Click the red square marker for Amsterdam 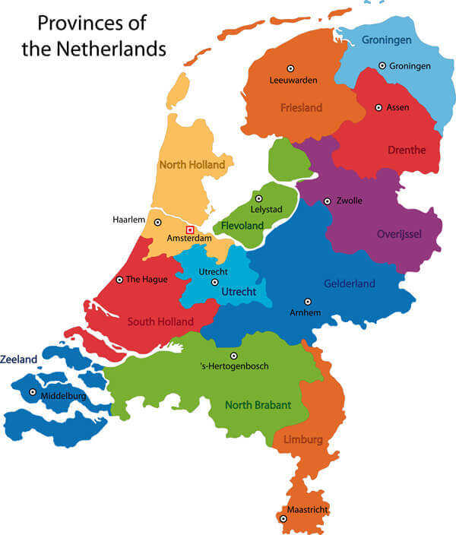coord(190,230)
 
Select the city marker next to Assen coord(378,108)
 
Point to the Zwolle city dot coord(327,201)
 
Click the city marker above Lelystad coord(258,199)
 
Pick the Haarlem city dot coord(157,223)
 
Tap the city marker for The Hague coord(119,280)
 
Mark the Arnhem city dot coord(307,302)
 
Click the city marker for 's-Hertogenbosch coord(233,356)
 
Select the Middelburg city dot coord(32,393)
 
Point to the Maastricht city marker coord(283,519)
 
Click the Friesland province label coord(302,107)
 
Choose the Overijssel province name coord(399,233)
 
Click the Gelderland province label coord(350,283)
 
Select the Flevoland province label coord(242,226)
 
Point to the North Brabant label coord(258,405)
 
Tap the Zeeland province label coord(18,358)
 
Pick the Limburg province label coord(303,439)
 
